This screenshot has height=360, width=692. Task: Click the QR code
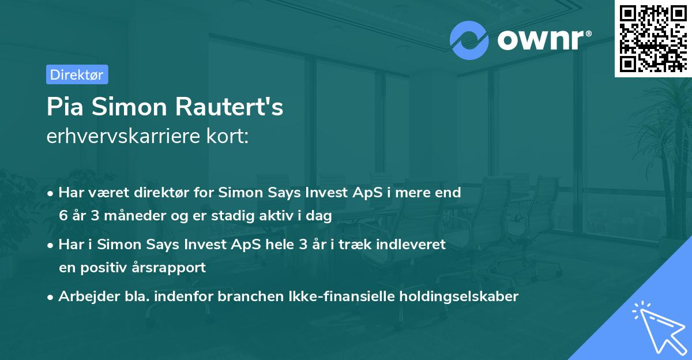pyautogui.click(x=653, y=38)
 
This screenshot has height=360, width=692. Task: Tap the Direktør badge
pyautogui.click(x=77, y=74)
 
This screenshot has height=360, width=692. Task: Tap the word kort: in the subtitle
pyautogui.click(x=231, y=136)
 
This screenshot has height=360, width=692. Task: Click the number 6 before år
pyautogui.click(x=63, y=216)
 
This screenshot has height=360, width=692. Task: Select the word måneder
pyautogui.click(x=133, y=216)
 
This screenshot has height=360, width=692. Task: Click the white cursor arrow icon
pyautogui.click(x=656, y=329)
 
